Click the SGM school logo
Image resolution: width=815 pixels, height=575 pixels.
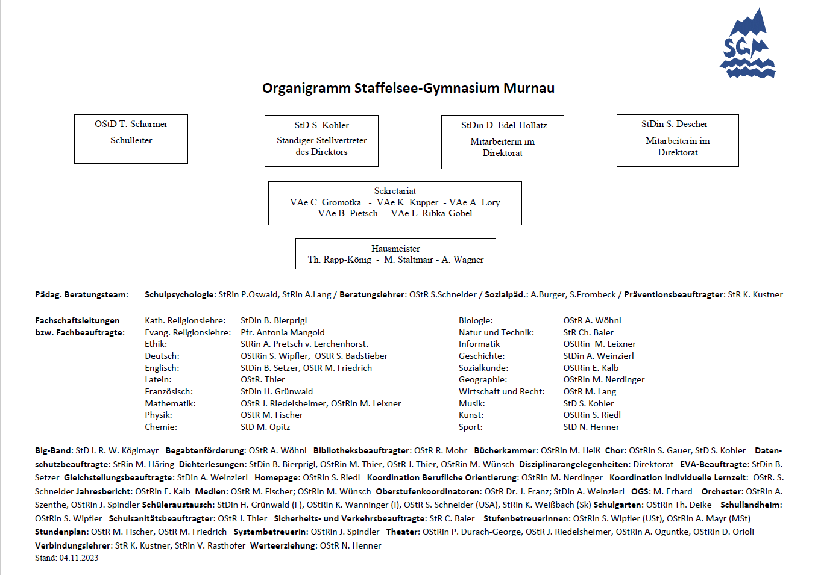(x=747, y=45)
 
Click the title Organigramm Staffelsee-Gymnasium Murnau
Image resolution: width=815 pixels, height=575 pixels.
(x=408, y=88)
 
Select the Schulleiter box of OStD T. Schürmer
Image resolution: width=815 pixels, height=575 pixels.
(x=131, y=138)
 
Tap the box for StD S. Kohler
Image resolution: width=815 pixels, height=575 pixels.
(x=321, y=140)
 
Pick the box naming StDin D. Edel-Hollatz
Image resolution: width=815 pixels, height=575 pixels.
(x=503, y=141)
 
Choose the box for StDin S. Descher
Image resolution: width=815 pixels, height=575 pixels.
(x=678, y=140)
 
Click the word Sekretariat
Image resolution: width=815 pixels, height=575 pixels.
(x=395, y=191)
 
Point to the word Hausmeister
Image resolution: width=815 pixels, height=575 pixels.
(x=395, y=249)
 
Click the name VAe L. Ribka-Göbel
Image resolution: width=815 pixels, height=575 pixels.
(x=432, y=213)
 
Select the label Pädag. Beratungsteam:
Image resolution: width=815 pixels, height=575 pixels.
(x=81, y=294)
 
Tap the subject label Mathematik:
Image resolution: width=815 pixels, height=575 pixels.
(x=170, y=403)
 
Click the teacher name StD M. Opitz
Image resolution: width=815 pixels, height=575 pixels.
(x=265, y=427)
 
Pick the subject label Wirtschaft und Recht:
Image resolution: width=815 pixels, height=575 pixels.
(x=502, y=391)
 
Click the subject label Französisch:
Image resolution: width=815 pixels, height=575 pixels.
(x=169, y=391)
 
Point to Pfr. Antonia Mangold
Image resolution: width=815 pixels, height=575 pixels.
(x=282, y=332)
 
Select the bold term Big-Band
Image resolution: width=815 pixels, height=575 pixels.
(x=54, y=450)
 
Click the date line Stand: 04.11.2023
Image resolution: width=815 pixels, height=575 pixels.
(x=66, y=558)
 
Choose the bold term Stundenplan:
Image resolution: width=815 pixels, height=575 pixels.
(x=61, y=532)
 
